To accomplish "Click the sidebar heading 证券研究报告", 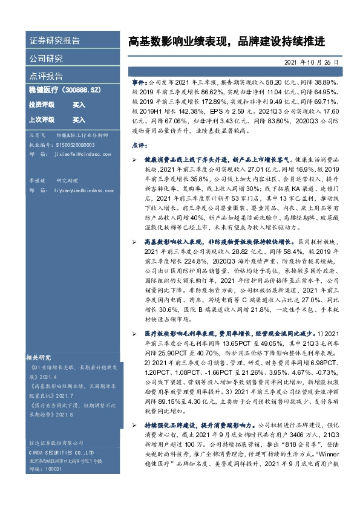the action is pos(54,41).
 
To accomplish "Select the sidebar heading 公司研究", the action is pos(46,59).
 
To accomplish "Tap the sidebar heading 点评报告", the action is pos(46,77).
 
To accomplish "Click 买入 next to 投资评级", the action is pos(79,105).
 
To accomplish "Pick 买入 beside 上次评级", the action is pos(79,120).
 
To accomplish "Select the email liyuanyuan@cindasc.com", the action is pos(81,190).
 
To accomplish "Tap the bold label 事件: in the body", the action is pos(139,80).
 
